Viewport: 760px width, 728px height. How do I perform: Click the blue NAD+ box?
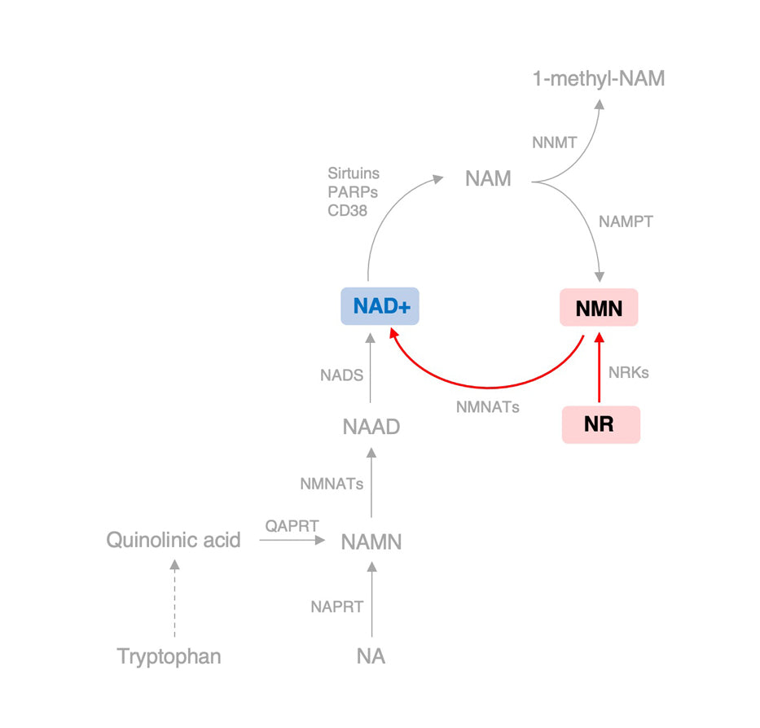coord(380,307)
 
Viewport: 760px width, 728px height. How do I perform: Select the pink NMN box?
coord(599,309)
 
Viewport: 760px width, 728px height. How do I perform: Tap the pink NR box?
coord(600,424)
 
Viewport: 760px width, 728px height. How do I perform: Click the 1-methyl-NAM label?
coord(599,79)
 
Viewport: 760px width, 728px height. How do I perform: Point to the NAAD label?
coord(371,426)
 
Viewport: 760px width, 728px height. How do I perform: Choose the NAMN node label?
coord(371,542)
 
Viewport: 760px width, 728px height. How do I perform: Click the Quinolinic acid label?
coord(174,540)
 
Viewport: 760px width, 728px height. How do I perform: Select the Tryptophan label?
coord(169,656)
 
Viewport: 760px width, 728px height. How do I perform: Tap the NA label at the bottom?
coord(371,656)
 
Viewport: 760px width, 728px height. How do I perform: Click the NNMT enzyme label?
coord(554,143)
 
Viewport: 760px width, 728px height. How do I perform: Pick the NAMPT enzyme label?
coord(626,221)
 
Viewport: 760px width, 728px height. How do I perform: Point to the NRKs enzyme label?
coord(629,373)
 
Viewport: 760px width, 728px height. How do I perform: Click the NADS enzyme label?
coord(341,375)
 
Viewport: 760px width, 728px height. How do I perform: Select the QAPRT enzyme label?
coord(292,525)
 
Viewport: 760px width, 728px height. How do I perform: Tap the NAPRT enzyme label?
coord(336,606)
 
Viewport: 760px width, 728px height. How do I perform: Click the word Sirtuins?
coord(354,173)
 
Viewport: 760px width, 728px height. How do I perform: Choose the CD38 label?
coord(347,210)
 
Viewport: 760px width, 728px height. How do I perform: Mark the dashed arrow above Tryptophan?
coord(174,602)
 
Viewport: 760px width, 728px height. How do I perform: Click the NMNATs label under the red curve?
coord(487,406)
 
